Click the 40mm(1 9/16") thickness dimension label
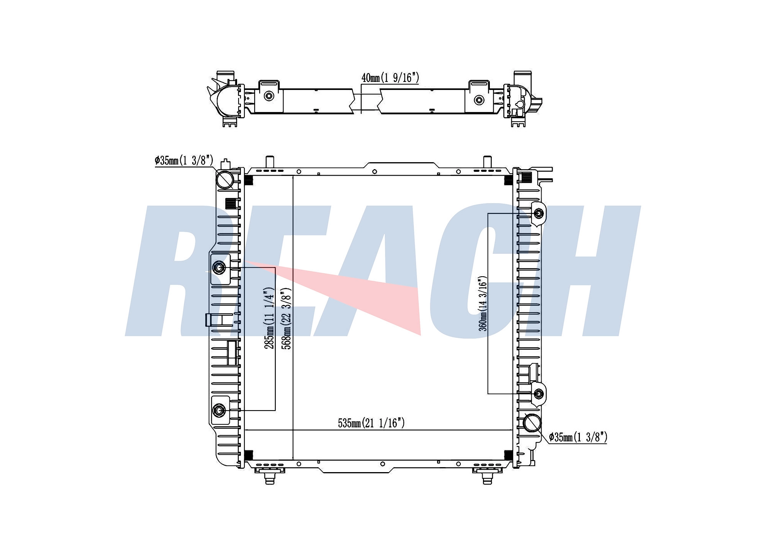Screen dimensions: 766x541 coord(390,78)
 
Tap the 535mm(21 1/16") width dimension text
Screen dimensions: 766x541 coord(371,423)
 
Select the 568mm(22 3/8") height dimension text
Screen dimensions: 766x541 coord(286,318)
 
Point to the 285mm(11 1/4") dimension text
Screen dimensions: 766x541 coord(270,318)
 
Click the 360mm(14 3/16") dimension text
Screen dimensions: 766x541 coord(483,303)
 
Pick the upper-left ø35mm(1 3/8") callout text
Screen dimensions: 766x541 coord(184,160)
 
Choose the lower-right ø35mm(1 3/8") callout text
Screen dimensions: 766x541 coord(578,437)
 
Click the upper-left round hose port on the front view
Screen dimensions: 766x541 coord(225,179)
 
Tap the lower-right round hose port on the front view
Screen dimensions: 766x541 coord(532,423)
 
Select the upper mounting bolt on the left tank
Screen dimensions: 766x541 coord(219,268)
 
